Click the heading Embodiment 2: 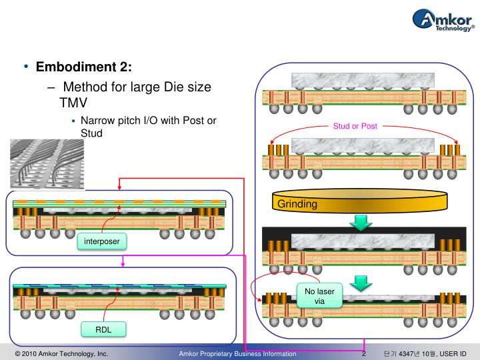[83, 67]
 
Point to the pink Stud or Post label [355, 126]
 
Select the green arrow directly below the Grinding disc [361, 223]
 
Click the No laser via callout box [319, 295]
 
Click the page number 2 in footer [364, 354]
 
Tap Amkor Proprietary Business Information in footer [238, 354]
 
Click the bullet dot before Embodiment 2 [26, 67]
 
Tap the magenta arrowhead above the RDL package [123, 265]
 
